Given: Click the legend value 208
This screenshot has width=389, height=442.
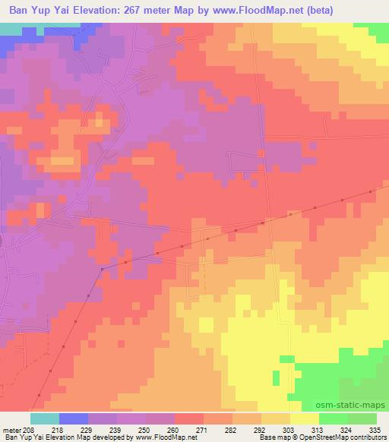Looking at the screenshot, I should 29,429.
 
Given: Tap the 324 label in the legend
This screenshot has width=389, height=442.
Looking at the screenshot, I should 345,429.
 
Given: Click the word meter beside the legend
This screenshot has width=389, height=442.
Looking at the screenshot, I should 11,429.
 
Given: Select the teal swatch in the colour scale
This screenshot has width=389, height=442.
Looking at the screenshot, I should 45,418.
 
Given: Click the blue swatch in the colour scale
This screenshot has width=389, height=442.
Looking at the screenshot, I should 74,418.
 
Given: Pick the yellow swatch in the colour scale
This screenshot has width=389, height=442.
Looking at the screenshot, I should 305,418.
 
